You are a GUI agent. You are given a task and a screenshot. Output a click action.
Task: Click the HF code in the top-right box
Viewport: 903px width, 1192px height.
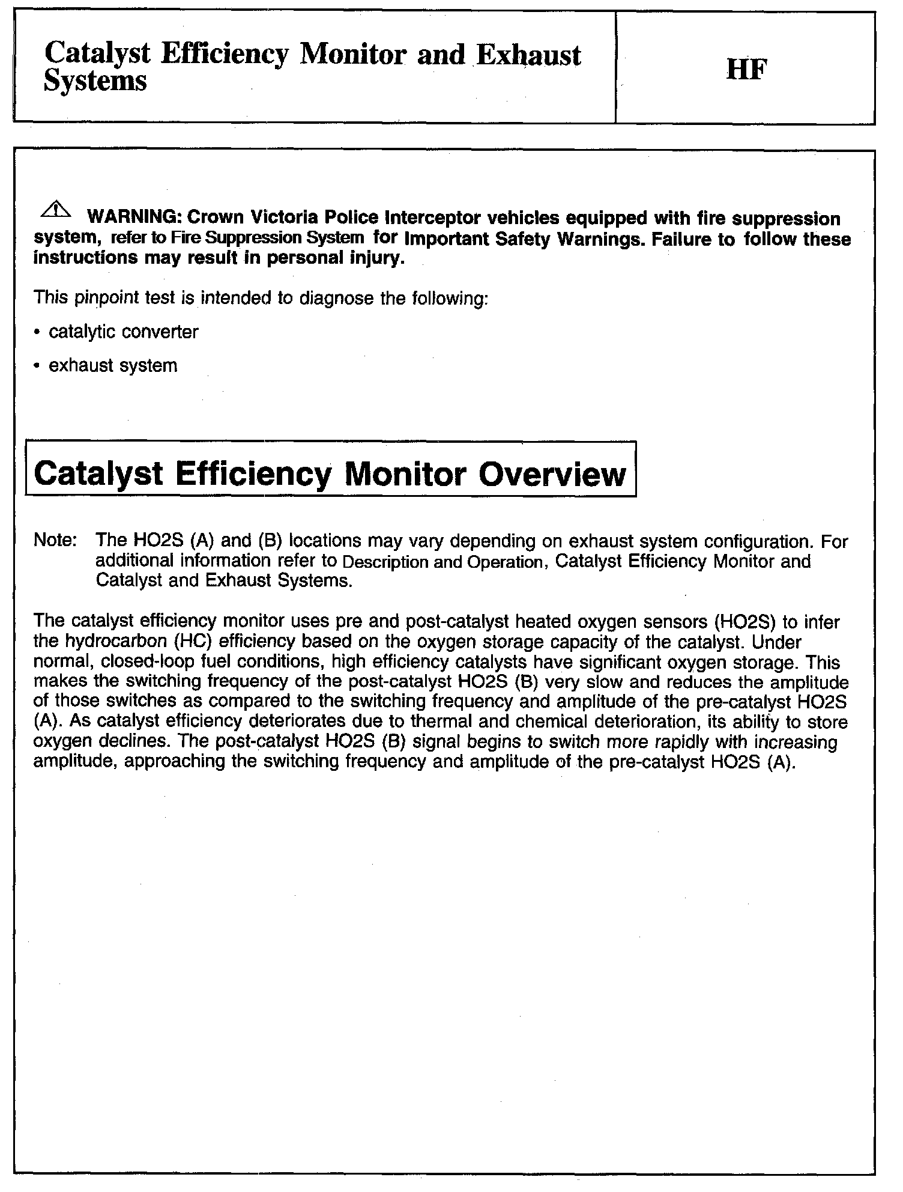746,71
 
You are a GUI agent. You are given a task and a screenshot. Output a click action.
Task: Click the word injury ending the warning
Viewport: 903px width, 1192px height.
379,260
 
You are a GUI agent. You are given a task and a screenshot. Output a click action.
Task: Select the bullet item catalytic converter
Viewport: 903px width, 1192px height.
123,332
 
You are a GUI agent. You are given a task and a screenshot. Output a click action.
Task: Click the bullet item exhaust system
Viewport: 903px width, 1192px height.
113,366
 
